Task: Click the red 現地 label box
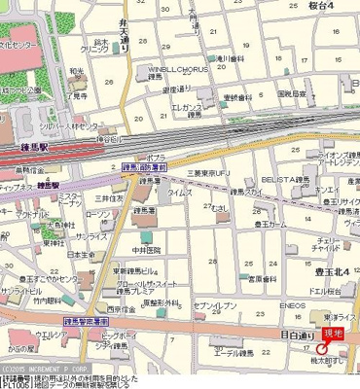click(x=334, y=334)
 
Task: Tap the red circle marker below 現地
click(x=321, y=349)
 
